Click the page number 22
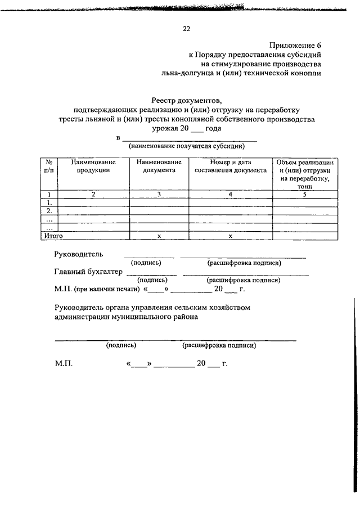[x=186, y=28]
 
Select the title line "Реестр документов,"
[x=186, y=100]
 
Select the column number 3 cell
[x=159, y=194]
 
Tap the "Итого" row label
[x=53, y=236]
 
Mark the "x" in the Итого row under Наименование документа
[x=159, y=236]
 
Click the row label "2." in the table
[x=49, y=211]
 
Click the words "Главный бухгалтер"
[x=88, y=272]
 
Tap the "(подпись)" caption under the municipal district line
[x=121, y=346]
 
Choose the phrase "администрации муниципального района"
[x=126, y=317]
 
